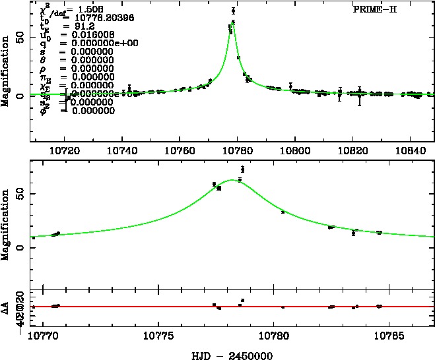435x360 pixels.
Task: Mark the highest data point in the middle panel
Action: (x=243, y=169)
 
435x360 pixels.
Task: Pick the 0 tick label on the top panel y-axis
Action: (x=23, y=96)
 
